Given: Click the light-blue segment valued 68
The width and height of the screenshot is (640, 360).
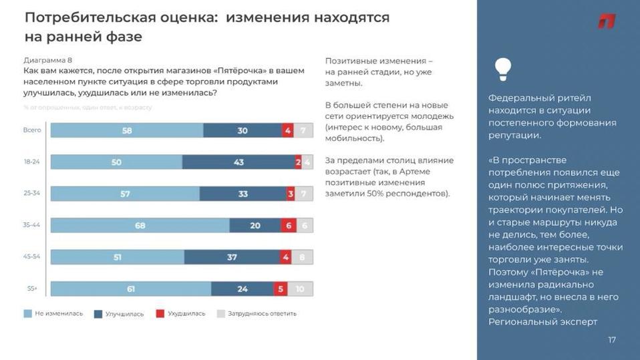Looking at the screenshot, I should pos(140,226).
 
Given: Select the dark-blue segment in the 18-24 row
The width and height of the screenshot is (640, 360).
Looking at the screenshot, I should pos(238,162).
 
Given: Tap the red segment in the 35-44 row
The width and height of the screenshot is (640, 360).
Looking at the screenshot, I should pos(287,226).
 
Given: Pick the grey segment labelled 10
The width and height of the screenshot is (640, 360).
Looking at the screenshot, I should pos(301,289).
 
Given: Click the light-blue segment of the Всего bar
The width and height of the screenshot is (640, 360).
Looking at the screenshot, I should pos(127,131).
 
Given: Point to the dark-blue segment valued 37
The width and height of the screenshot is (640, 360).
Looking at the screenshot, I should pos(232,257).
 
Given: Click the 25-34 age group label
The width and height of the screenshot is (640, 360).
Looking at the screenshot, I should pos(32,194).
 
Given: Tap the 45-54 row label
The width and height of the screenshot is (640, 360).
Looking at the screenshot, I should pos(32,257).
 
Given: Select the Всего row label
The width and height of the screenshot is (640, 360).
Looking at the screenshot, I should pos(33,131).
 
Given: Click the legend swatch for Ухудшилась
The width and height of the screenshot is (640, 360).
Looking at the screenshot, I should pos(160,313).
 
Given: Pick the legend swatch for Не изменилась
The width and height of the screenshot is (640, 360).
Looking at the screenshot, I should pos(27,313).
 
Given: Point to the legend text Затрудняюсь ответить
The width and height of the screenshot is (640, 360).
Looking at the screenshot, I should pos(262,313).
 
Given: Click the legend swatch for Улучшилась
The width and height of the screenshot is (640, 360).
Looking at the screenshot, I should pos(98,313).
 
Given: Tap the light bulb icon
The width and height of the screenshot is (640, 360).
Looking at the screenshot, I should pos(502,67).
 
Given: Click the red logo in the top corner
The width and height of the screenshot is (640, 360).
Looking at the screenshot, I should pos(606,21).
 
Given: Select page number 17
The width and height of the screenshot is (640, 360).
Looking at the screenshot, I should pos(612,341).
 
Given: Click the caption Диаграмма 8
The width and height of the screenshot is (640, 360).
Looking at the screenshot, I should pos(47,59).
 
